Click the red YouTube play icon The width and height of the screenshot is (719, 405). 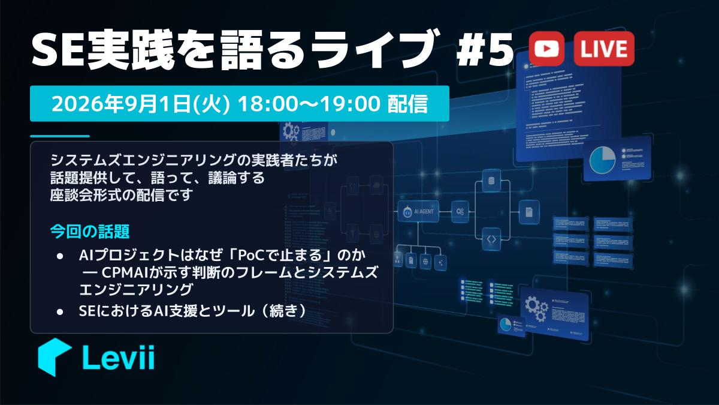click(x=546, y=49)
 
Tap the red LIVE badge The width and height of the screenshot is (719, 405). click(x=604, y=49)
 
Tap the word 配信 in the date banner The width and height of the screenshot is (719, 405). click(x=407, y=103)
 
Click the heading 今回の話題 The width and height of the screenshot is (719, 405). click(x=89, y=232)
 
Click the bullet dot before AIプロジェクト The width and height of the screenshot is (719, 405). click(x=60, y=256)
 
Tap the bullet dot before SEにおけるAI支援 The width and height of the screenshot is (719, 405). click(x=60, y=311)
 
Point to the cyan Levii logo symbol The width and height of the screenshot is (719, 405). click(x=54, y=357)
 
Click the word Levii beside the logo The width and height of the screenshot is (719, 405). click(x=119, y=357)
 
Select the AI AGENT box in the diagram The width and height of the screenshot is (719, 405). click(x=418, y=211)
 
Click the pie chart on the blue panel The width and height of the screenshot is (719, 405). click(x=602, y=160)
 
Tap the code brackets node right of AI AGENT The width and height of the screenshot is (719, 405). click(x=491, y=239)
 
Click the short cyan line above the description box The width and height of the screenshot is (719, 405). click(x=60, y=136)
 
